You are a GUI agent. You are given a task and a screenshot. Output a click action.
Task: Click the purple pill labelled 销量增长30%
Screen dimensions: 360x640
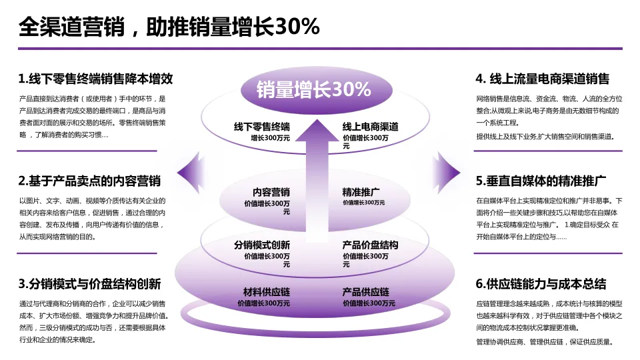click(314, 89)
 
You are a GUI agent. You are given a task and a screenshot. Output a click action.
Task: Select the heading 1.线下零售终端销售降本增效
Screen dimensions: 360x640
click(96, 79)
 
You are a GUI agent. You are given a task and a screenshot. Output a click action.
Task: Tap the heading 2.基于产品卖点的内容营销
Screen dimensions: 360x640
click(89, 181)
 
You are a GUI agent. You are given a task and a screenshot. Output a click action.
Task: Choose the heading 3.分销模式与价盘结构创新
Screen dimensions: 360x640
click(89, 284)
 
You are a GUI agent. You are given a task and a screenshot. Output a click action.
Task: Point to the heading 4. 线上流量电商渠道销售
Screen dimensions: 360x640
click(543, 79)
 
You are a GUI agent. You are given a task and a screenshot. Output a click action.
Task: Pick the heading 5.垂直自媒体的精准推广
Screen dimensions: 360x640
click(541, 181)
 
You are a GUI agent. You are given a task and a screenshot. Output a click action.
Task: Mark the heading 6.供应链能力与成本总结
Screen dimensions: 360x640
click(541, 284)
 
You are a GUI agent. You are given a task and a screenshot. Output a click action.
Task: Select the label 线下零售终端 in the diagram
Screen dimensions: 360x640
click(262, 127)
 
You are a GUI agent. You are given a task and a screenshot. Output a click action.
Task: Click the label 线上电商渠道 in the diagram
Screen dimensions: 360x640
click(371, 127)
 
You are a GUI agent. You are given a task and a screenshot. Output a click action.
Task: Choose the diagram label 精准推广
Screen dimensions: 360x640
click(361, 193)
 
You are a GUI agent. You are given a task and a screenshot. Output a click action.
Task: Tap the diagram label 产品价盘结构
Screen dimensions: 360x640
click(371, 245)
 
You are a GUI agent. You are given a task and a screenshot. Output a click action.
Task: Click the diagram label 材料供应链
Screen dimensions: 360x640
click(267, 292)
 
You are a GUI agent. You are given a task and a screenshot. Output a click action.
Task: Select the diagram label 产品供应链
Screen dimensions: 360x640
click(366, 292)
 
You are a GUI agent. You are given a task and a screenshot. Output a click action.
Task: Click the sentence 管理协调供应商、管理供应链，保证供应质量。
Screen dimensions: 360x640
click(544, 342)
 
